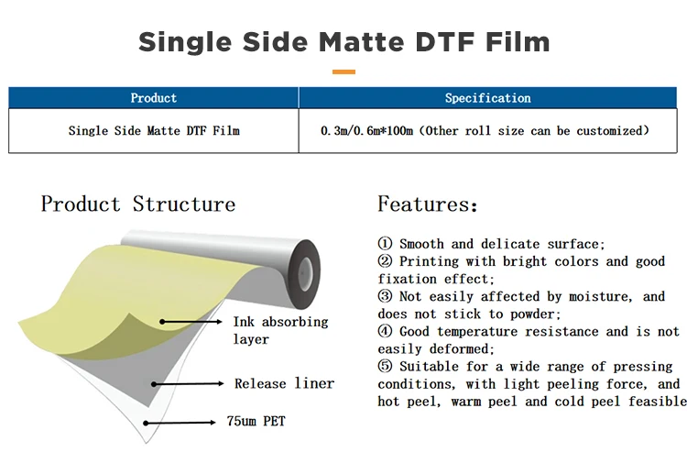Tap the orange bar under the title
pyautogui.click(x=343, y=71)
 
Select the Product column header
pyautogui.click(x=153, y=98)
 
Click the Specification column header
pyautogui.click(x=487, y=98)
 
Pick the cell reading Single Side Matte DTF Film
pyautogui.click(x=154, y=131)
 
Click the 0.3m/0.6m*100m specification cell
pyautogui.click(x=485, y=131)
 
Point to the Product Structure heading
pyautogui.click(x=137, y=204)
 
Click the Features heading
pyautogui.click(x=428, y=204)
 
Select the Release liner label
pyautogui.click(x=284, y=383)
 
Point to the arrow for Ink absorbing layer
pyautogui.click(x=192, y=322)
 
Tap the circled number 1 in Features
pyautogui.click(x=386, y=245)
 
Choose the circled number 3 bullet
pyautogui.click(x=386, y=297)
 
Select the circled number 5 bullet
pyautogui.click(x=386, y=367)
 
